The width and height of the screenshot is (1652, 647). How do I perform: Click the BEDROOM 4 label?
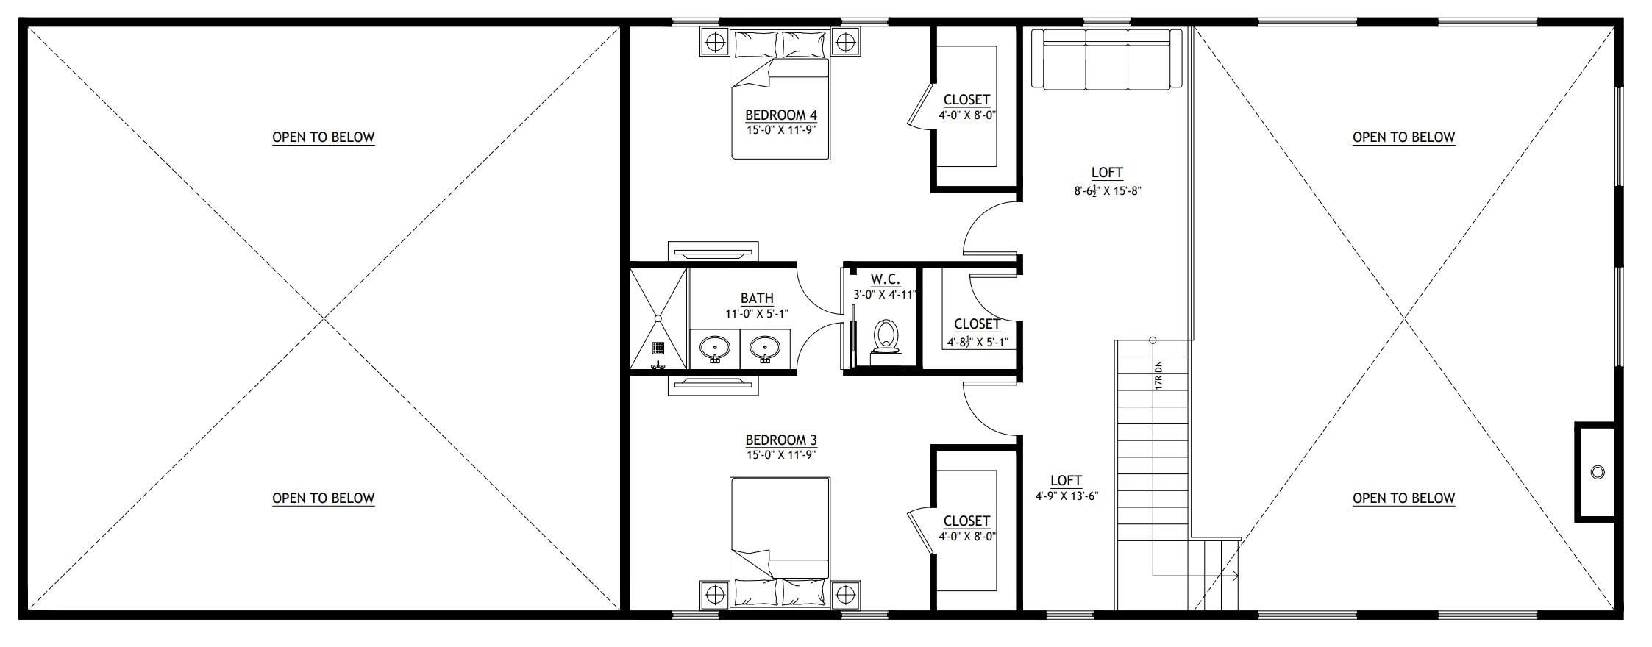(781, 115)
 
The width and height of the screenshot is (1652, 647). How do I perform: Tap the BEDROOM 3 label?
(781, 440)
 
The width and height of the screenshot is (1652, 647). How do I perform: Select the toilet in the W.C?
(886, 343)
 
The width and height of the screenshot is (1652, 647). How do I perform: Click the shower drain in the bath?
(658, 348)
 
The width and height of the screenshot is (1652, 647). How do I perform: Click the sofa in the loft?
(1106, 59)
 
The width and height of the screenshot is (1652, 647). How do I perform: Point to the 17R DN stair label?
(1158, 374)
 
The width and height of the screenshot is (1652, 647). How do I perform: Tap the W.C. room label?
(886, 279)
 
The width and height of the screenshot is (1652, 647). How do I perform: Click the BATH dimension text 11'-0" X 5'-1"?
(757, 313)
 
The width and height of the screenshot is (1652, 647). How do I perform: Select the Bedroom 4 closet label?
(966, 99)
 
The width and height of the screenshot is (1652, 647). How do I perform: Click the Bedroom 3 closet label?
(966, 521)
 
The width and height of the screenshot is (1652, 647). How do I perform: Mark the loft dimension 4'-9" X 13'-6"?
(1067, 496)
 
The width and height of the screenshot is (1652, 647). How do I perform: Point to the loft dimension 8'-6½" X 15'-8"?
(1107, 191)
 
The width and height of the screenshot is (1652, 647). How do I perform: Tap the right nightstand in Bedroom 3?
(846, 594)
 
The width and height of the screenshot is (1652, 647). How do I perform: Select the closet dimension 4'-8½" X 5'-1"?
(977, 342)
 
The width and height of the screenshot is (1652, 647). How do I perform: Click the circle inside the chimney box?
(1598, 472)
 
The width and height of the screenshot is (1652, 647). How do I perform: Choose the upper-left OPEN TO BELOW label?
(324, 137)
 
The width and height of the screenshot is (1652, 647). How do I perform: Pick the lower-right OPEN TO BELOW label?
(1404, 498)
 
